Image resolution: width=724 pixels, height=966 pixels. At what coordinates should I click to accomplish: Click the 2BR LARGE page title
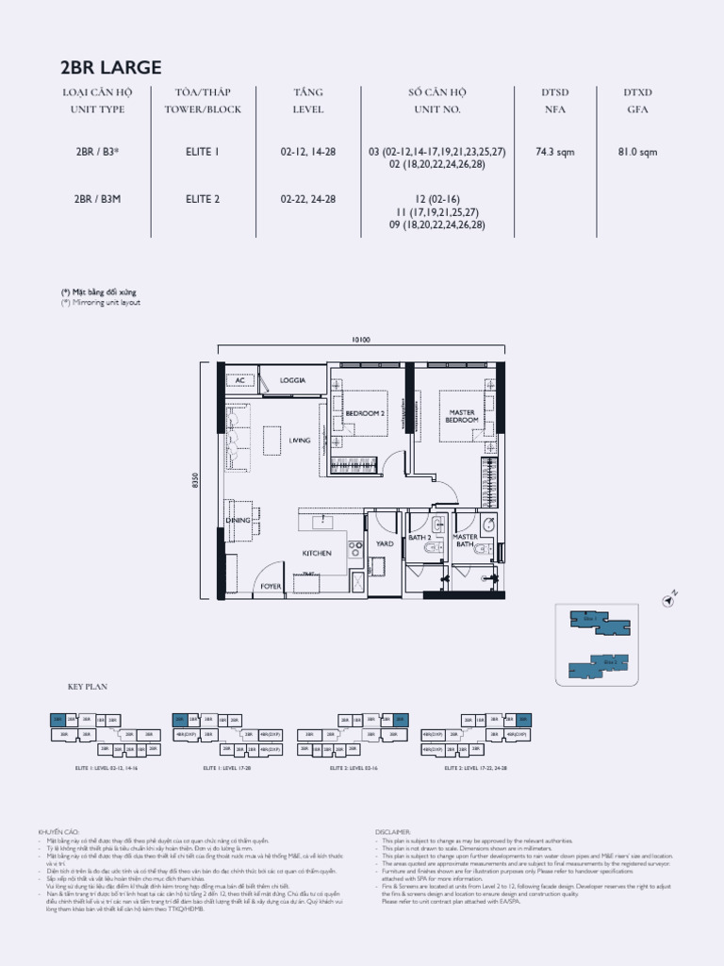[111, 68]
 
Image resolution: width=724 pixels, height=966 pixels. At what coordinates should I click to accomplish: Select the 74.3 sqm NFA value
[554, 151]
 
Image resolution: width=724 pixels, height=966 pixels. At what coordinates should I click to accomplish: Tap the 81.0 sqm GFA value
[638, 151]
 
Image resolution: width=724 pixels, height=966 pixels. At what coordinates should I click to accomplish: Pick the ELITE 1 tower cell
[202, 151]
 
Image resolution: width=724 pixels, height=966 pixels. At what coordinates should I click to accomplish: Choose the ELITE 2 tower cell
[202, 199]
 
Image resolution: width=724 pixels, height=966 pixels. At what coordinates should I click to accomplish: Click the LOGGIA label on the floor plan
[293, 380]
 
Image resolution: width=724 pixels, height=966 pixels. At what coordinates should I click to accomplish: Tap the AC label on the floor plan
[240, 380]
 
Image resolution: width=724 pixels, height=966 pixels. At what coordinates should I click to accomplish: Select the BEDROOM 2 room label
[365, 413]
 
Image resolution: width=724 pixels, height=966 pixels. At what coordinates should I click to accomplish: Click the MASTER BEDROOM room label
[462, 416]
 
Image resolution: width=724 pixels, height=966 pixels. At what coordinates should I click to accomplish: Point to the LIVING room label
[299, 441]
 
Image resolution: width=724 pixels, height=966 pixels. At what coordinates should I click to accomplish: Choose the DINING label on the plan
[237, 520]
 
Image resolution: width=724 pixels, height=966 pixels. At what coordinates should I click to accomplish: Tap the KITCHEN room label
[316, 553]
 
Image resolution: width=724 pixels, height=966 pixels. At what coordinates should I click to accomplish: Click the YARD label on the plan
[385, 543]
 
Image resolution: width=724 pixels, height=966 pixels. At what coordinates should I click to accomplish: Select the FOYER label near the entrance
[271, 586]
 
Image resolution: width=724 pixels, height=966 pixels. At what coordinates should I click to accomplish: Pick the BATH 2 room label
[420, 538]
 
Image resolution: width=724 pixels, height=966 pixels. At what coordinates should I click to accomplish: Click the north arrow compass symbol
[670, 598]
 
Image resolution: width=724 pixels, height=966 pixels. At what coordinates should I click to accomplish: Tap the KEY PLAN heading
[83, 688]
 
